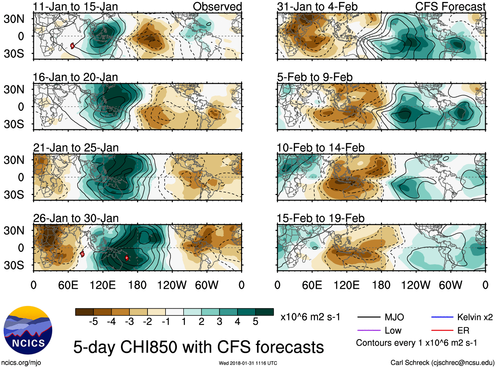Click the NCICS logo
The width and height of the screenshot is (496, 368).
[x=28, y=330]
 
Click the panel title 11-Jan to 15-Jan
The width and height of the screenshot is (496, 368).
[x=75, y=7]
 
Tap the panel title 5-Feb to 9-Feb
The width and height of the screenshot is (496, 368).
[x=315, y=77]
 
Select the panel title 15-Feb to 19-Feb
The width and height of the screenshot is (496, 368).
[x=321, y=218]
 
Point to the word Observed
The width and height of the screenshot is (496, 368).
[x=217, y=7]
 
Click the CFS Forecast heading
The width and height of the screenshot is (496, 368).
[x=450, y=7]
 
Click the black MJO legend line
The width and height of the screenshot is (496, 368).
[x=369, y=317]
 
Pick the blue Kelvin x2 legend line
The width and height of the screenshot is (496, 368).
[x=442, y=317]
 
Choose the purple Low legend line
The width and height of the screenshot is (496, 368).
[x=369, y=330]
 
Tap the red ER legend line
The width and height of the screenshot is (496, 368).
[x=442, y=330]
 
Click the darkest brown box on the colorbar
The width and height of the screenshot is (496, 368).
[x=84, y=312]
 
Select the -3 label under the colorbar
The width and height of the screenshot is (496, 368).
[x=129, y=322]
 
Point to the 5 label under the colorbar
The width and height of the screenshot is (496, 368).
[x=256, y=322]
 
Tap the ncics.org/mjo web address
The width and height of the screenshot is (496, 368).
[x=21, y=363]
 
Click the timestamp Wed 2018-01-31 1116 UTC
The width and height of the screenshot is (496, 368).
[x=248, y=363]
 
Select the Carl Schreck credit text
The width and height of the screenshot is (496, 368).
[x=442, y=363]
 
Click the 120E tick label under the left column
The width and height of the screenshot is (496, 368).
[x=103, y=285]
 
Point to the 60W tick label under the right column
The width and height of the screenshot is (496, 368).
[x=450, y=285]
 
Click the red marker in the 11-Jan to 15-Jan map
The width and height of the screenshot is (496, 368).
[x=72, y=46]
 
